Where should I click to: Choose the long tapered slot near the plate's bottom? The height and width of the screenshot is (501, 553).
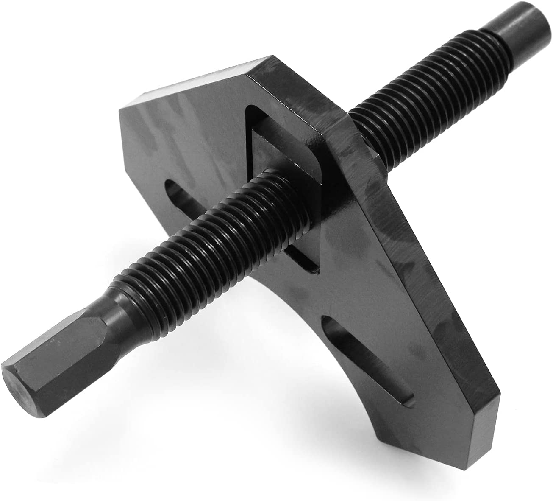[x=407, y=361]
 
